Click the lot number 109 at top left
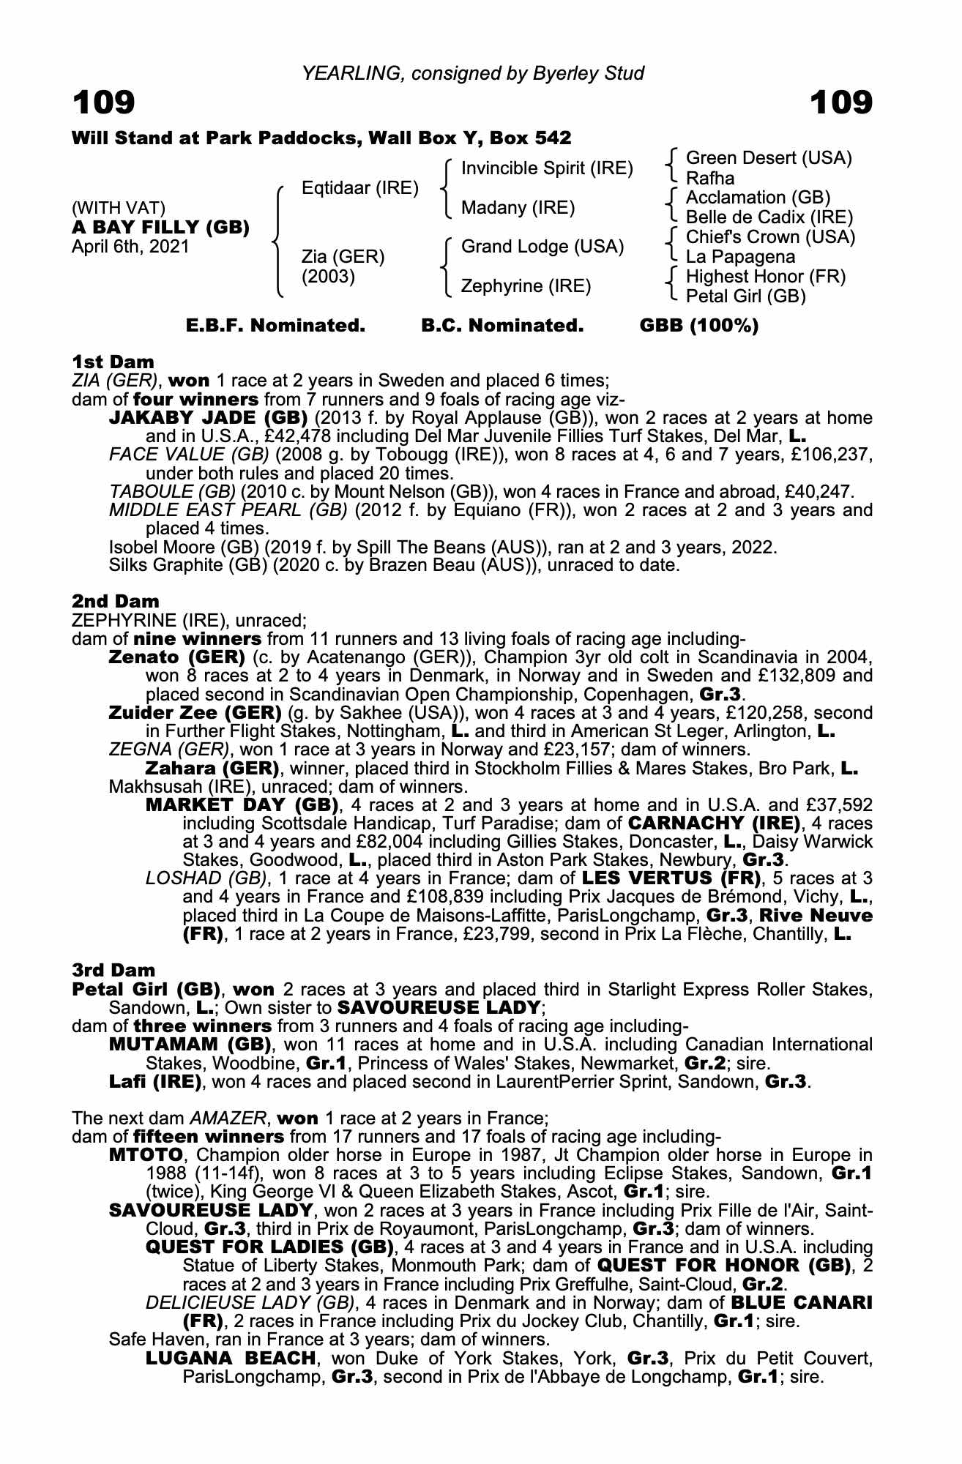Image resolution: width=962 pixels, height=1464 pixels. point(104,102)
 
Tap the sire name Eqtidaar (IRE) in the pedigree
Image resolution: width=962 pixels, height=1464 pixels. point(359,188)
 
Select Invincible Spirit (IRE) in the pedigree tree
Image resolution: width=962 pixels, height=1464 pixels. point(546,168)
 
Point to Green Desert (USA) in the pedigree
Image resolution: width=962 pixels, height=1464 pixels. point(769,158)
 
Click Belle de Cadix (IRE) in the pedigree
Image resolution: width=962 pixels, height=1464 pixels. point(769,217)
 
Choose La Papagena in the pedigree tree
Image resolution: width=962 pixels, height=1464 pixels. point(740,257)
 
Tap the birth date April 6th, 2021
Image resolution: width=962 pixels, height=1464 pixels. point(130,247)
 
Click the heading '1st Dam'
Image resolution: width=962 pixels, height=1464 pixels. point(113,362)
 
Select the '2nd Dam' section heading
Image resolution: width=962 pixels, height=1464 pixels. point(115,601)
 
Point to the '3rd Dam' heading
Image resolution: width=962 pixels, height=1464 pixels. point(113,970)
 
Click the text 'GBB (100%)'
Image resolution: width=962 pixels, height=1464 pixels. point(698,326)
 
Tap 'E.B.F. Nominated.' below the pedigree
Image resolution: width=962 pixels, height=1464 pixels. point(275,326)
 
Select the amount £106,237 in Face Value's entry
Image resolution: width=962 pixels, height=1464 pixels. point(831,455)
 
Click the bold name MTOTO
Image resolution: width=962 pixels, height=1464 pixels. point(145,1154)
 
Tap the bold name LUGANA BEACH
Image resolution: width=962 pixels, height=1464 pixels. point(231,1358)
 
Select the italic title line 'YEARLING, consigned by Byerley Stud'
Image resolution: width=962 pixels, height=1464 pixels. point(473,73)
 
